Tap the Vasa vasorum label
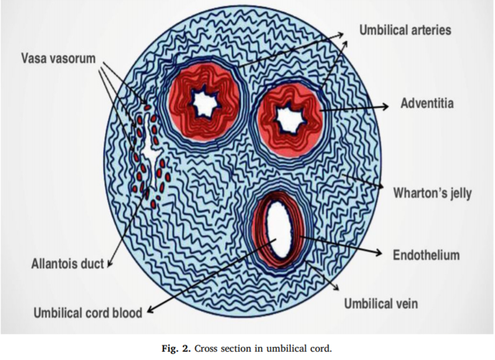(58, 59)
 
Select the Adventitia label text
(427, 104)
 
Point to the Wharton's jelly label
(432, 193)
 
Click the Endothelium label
(426, 255)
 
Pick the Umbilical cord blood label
(87, 313)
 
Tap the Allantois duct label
(67, 264)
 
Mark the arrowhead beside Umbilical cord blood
(150, 311)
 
